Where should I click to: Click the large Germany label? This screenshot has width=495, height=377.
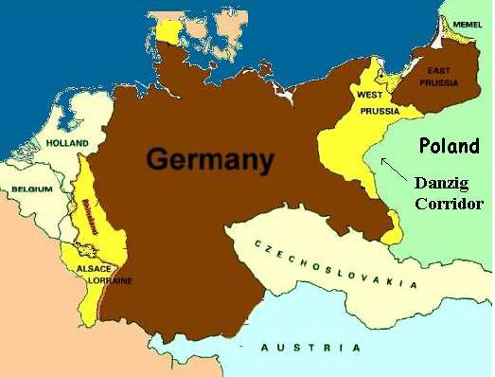click(x=210, y=158)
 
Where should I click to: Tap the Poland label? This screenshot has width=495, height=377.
click(x=450, y=146)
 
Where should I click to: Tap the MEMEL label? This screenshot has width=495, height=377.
click(x=468, y=23)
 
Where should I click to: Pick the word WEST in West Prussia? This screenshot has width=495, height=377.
click(x=370, y=96)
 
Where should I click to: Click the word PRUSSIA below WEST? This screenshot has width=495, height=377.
click(x=378, y=110)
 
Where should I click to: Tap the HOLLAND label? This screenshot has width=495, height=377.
click(x=66, y=143)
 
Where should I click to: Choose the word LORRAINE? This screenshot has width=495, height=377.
click(x=112, y=281)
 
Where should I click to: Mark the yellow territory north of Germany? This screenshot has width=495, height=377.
click(x=168, y=31)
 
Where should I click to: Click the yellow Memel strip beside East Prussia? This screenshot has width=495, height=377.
click(x=457, y=38)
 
